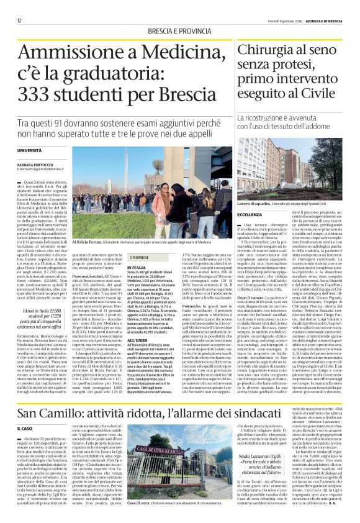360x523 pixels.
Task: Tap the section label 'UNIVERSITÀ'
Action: tap(30, 150)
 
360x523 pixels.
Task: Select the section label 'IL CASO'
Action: tap(25, 428)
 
